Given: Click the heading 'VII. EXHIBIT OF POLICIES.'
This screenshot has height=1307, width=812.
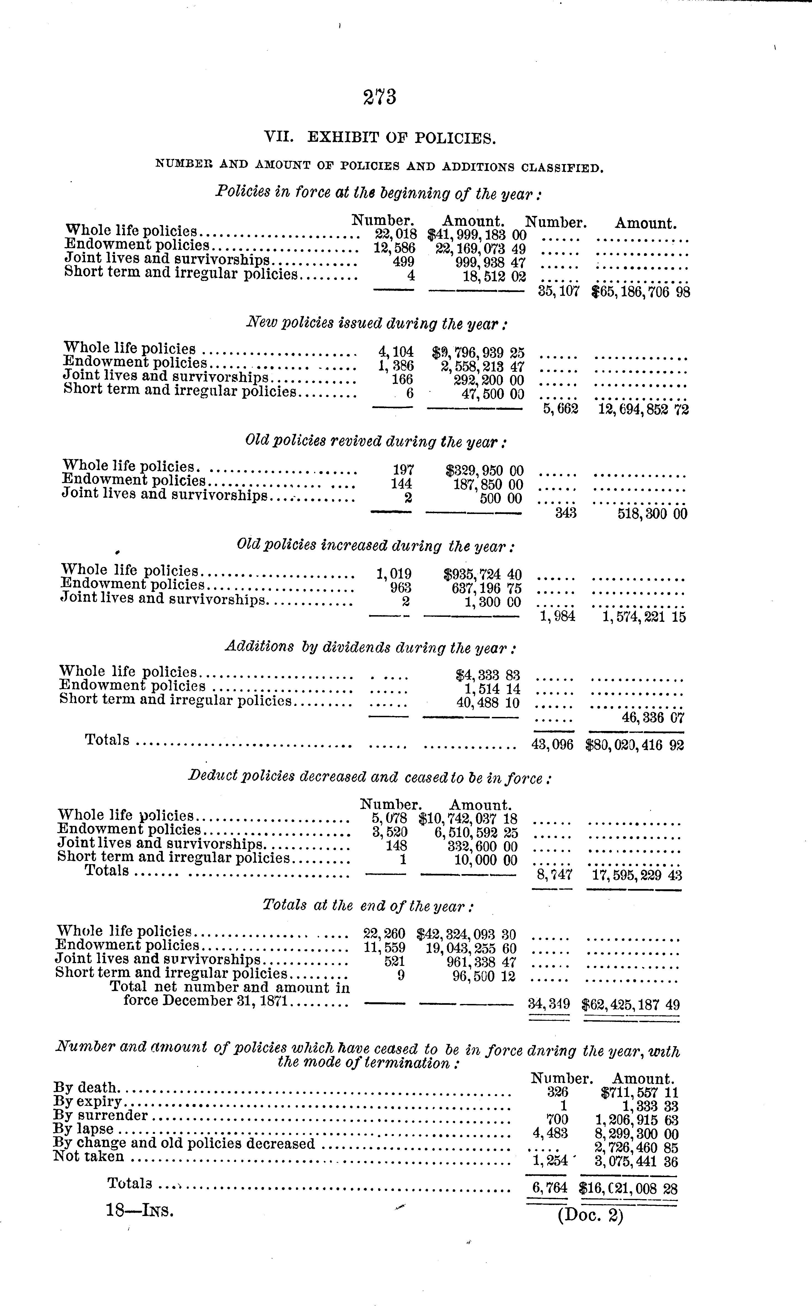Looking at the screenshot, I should tap(380, 138).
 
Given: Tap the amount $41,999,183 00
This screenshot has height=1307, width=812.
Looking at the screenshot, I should tap(476, 235).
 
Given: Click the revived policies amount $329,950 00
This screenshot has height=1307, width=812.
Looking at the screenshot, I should tap(484, 471).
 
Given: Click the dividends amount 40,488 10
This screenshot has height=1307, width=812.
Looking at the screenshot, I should tap(488, 703).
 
